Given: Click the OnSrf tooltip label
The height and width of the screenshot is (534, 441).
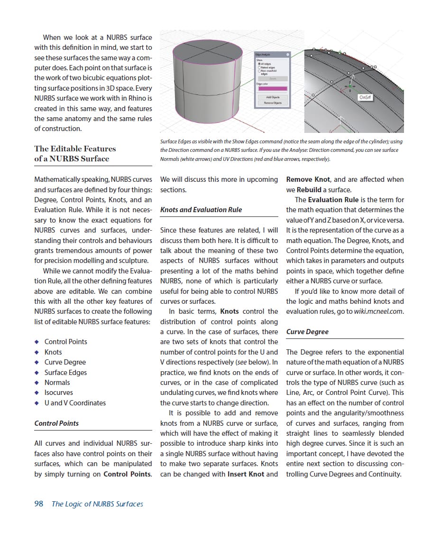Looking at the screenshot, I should (x=365, y=97).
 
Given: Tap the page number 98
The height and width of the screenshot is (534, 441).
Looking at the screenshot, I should (x=38, y=504).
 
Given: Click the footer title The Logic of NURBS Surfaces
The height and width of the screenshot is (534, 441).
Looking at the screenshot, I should (x=97, y=504).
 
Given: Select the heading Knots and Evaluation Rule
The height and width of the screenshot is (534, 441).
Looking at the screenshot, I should (x=201, y=210).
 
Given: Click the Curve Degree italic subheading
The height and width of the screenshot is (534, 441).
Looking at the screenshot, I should (x=307, y=332).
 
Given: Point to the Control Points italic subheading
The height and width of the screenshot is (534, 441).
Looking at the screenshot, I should (x=57, y=423).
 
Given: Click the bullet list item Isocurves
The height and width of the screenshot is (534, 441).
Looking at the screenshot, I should (x=59, y=393).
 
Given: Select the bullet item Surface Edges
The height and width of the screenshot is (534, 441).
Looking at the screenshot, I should (x=65, y=373).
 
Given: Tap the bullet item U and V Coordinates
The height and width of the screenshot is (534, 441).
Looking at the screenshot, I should (x=75, y=403).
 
